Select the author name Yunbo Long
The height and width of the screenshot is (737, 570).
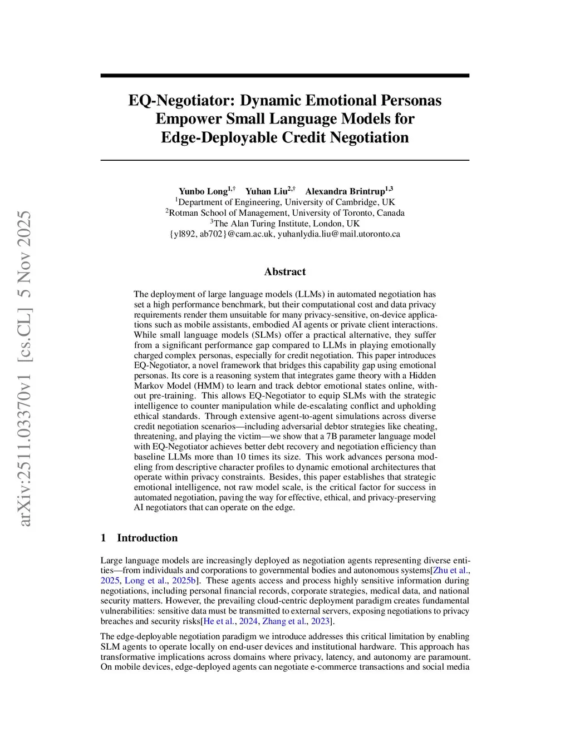point(203,191)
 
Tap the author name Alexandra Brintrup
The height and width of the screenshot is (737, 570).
point(345,191)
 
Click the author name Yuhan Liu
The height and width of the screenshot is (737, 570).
point(266,191)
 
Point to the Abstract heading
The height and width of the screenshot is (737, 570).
point(285,271)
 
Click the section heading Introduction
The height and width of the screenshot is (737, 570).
point(147,538)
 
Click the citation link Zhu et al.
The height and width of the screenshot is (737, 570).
point(450,570)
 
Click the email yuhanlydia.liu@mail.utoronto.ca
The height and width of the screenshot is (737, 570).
point(339,234)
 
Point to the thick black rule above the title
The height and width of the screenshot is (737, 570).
point(285,76)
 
